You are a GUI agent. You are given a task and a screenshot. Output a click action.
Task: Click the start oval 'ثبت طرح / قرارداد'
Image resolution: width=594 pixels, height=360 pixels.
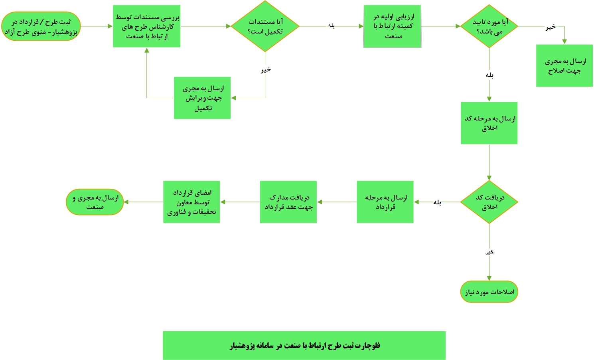coord(41,26)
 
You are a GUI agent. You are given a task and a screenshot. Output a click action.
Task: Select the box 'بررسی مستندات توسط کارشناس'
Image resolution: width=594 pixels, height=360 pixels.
coord(146,26)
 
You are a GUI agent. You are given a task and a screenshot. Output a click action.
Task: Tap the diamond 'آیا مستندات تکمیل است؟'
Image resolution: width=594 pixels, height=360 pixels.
coord(265,26)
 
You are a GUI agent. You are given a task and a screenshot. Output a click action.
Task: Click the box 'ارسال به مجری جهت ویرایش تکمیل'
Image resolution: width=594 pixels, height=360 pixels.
coord(202,98)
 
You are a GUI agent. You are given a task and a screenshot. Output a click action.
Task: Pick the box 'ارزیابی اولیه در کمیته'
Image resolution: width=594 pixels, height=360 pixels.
coord(392,26)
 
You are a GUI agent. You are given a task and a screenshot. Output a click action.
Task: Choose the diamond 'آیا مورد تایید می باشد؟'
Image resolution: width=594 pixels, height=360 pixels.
coord(489,26)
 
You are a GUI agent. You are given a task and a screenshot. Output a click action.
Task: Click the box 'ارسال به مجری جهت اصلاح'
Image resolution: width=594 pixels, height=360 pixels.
coord(564,66)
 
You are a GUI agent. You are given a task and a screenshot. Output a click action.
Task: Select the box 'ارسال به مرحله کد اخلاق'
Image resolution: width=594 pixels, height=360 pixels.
coord(489,123)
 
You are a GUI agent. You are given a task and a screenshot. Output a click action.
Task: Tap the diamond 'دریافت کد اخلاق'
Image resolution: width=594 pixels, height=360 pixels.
coord(489,202)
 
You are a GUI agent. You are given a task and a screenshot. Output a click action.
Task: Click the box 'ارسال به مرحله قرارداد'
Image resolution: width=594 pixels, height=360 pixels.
coord(385,202)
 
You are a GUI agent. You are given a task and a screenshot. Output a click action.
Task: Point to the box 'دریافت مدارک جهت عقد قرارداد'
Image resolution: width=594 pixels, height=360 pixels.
coord(288,202)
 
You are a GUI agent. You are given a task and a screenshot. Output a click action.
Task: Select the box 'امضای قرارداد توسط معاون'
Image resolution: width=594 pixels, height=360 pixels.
coord(191,202)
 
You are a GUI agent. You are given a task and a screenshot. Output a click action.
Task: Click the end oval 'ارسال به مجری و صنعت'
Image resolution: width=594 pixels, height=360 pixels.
coord(95,202)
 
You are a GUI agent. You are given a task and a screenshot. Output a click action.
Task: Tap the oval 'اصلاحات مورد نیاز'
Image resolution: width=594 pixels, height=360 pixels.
coord(489,292)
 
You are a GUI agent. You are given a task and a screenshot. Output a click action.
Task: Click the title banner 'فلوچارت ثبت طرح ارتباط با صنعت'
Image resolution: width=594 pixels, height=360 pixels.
coord(304,346)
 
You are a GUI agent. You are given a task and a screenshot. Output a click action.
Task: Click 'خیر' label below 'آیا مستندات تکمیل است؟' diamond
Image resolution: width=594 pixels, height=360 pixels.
coord(266,69)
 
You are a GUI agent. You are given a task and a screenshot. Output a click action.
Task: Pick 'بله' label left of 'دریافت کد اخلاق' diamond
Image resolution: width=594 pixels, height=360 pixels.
coord(437,202)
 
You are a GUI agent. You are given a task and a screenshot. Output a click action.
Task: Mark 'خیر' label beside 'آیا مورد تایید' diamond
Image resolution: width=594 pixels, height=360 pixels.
coord(551,27)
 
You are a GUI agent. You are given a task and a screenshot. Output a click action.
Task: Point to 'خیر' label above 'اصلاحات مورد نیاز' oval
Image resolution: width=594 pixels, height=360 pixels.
coord(489,252)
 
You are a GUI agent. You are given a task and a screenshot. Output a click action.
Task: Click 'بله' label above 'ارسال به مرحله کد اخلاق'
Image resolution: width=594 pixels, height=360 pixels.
coord(489,75)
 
